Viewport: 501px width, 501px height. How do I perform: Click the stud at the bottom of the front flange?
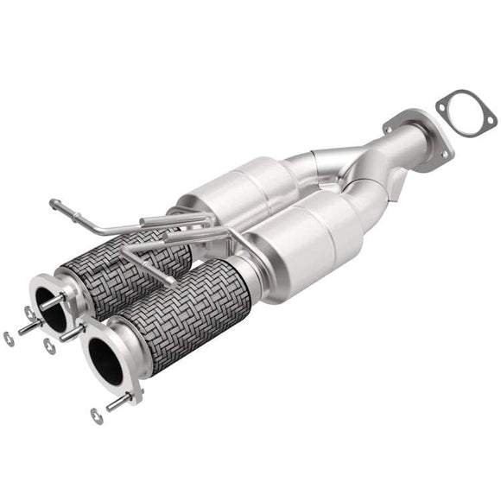point(119,401)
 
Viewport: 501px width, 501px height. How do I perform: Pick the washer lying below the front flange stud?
point(94,415)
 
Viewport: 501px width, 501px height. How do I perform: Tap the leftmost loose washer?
point(10,339)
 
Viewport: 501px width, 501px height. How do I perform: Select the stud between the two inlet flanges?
point(73,330)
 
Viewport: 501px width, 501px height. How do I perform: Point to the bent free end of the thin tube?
point(57,206)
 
